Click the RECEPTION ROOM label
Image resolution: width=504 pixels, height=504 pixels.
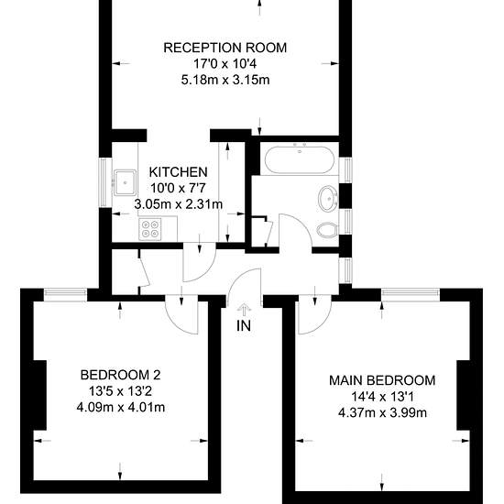click(x=225, y=48)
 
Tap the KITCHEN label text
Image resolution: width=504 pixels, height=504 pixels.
click(x=179, y=172)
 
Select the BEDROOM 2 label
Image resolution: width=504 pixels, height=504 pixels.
click(x=121, y=375)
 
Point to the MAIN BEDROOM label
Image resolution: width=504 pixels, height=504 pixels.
click(x=382, y=380)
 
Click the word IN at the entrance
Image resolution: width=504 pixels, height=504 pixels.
click(x=244, y=326)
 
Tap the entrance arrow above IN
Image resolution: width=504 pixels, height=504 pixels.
click(x=245, y=311)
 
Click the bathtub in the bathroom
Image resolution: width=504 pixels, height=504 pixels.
click(x=299, y=159)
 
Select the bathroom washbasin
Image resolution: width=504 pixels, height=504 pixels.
click(x=327, y=198)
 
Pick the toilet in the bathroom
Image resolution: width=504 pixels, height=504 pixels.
click(x=327, y=230)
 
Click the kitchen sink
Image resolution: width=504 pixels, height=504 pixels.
click(x=125, y=182)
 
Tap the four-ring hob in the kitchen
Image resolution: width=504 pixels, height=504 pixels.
click(x=150, y=228)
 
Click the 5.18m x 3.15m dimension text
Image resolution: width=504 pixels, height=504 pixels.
click(x=225, y=80)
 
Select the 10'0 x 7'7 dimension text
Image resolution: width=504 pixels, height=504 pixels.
click(x=179, y=188)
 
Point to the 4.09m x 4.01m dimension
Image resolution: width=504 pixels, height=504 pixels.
click(x=121, y=407)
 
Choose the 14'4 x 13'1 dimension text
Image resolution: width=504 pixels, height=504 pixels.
click(x=382, y=397)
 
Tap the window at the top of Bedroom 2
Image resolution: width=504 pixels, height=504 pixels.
click(x=65, y=294)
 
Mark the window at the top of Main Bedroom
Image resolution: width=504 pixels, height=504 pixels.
click(x=411, y=295)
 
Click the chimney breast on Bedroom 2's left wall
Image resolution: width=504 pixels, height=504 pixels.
click(x=40, y=395)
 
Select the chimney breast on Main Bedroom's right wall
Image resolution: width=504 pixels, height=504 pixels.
click(x=463, y=395)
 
